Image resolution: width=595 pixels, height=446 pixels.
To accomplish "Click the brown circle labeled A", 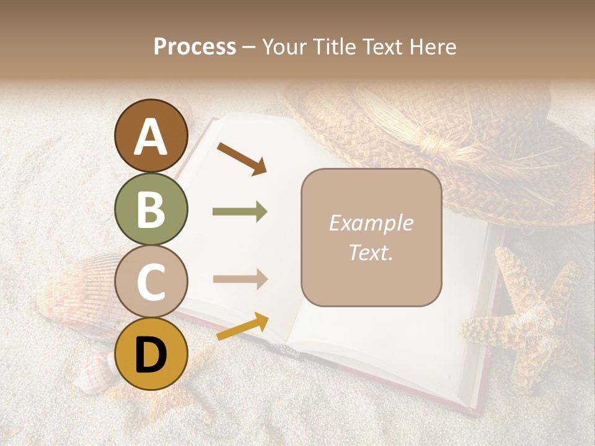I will pos(151,136).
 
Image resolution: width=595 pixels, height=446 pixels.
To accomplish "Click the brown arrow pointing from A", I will pos(241,158).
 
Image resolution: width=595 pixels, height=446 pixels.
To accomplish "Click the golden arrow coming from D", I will pos(242,326).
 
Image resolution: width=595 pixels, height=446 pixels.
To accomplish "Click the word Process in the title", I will pos(195,46).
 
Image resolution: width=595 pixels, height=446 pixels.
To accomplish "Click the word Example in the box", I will pos(371,223).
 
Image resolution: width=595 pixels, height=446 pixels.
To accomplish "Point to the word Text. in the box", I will pos(371,252).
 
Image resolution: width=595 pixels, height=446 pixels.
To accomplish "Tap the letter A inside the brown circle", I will pos(151,137).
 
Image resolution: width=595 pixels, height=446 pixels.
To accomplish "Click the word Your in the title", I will pos(285,46).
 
